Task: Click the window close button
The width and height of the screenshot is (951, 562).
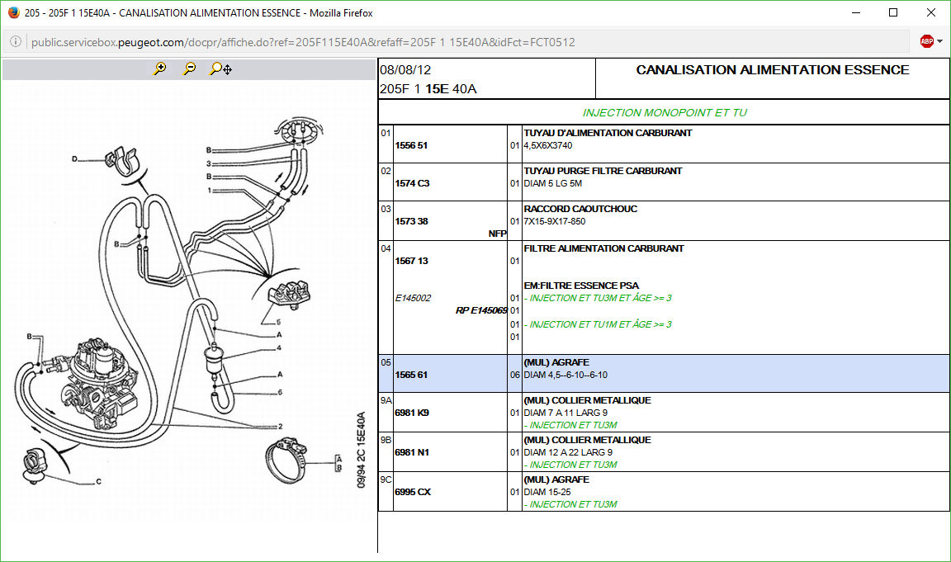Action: pyautogui.click(x=930, y=12)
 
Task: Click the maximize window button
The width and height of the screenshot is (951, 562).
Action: pyautogui.click(x=893, y=12)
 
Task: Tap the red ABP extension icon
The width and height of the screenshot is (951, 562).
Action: pyautogui.click(x=927, y=41)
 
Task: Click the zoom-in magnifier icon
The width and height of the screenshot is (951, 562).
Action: pyautogui.click(x=159, y=69)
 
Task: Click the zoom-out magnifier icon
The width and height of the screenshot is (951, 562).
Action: pyautogui.click(x=189, y=69)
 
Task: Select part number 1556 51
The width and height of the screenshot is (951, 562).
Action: pyautogui.click(x=411, y=145)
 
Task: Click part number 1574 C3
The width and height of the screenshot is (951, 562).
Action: pyautogui.click(x=412, y=183)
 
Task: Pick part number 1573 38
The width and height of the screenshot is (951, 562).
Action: pyautogui.click(x=411, y=221)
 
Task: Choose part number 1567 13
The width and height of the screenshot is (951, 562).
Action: pyautogui.click(x=411, y=261)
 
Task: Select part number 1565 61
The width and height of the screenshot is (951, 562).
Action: pyautogui.click(x=411, y=375)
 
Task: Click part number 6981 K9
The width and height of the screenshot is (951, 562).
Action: pyautogui.click(x=412, y=413)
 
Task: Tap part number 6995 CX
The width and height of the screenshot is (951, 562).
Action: pyautogui.click(x=413, y=492)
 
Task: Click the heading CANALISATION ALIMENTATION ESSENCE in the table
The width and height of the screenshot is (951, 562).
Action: pyautogui.click(x=772, y=70)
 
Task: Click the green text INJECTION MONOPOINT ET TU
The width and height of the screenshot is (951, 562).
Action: pyautogui.click(x=665, y=112)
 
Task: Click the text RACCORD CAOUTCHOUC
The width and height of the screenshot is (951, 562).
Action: pyautogui.click(x=580, y=209)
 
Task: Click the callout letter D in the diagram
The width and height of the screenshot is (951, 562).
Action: pyautogui.click(x=74, y=158)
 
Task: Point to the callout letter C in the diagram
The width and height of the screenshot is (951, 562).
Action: pyautogui.click(x=98, y=482)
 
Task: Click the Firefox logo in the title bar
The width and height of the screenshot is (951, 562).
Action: pyautogui.click(x=13, y=12)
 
